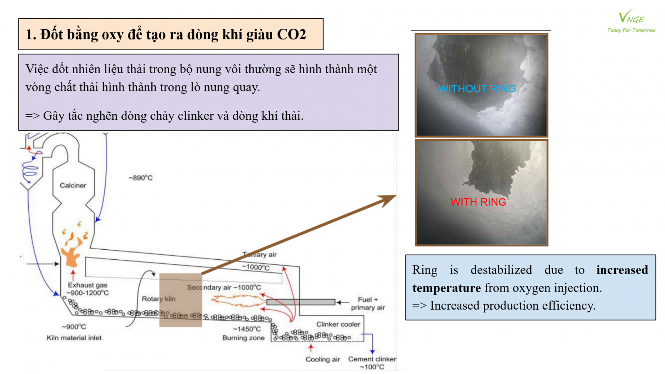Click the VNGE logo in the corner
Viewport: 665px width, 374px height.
(x=631, y=21)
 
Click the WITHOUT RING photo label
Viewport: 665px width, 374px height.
(x=477, y=89)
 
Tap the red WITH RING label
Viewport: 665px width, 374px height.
(x=478, y=202)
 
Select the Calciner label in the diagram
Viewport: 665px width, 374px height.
(x=73, y=185)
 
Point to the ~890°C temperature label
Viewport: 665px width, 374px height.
(x=140, y=178)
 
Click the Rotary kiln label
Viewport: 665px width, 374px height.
(x=158, y=299)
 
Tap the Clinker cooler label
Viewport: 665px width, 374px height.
(x=338, y=324)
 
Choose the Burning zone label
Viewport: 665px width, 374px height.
(x=243, y=338)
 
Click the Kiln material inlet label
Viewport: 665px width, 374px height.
(x=74, y=338)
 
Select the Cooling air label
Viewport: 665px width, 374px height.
(x=323, y=359)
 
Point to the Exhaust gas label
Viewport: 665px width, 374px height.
(x=88, y=285)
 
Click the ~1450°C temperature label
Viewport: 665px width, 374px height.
(x=247, y=329)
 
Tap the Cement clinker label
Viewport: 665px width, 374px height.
(x=372, y=359)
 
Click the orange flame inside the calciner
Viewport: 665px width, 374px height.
(x=71, y=251)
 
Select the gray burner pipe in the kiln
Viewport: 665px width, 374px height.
(x=300, y=302)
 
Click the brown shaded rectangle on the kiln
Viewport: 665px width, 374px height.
(x=181, y=300)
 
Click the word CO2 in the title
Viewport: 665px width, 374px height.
(x=291, y=34)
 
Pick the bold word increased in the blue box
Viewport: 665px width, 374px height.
(x=622, y=270)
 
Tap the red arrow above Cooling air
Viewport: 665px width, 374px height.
(x=310, y=347)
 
